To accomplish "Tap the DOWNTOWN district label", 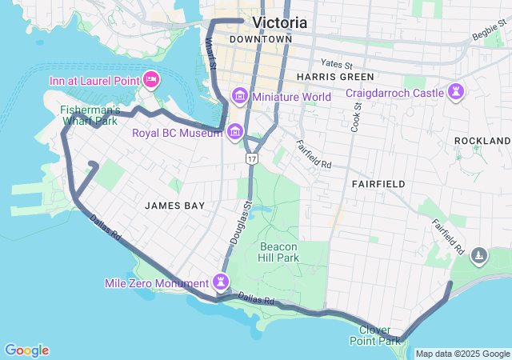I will (x=260, y=39).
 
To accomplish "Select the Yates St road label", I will (x=336, y=62).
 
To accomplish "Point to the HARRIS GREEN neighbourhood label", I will (x=334, y=77).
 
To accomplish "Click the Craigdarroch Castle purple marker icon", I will (x=456, y=91).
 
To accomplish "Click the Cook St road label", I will (x=357, y=117).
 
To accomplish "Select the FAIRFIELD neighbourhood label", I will (x=378, y=184).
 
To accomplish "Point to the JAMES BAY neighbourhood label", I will (x=175, y=206).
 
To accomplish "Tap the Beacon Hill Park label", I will (x=278, y=253).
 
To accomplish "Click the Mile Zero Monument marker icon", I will (x=220, y=282).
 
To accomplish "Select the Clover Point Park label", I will (x=374, y=335).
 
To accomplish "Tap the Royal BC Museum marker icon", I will (x=235, y=131).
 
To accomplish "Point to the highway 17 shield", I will (x=252, y=161).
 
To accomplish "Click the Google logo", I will (x=26, y=350).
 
